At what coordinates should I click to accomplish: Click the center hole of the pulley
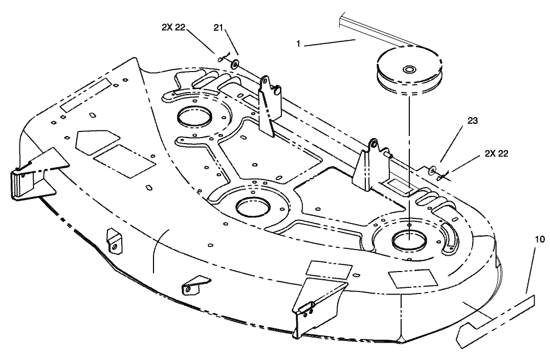(x=409, y=69)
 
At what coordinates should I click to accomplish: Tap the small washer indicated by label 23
(x=433, y=170)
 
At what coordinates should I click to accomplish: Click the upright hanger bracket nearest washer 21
(x=267, y=105)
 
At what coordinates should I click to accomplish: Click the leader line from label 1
(x=331, y=42)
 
